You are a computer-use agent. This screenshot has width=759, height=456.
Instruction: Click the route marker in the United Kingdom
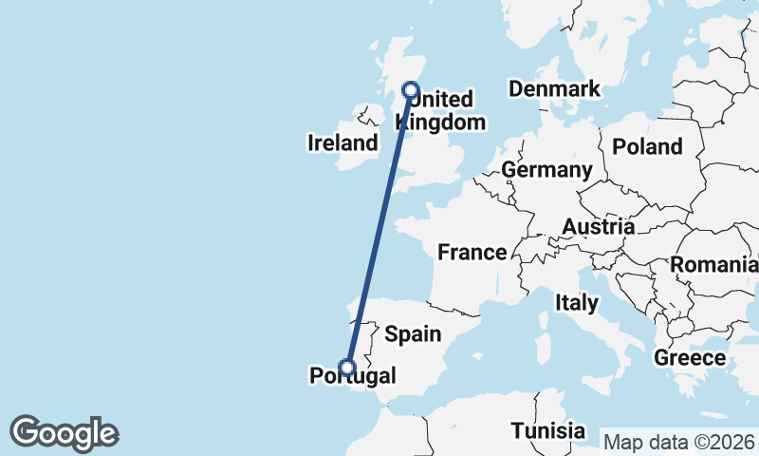411,90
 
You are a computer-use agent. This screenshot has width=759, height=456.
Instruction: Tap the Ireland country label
342,143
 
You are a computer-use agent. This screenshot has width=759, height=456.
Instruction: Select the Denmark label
554,89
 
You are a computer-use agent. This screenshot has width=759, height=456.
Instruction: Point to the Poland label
647,146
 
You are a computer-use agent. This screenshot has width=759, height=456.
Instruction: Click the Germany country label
546,170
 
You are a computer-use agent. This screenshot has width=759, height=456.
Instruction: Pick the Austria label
598,227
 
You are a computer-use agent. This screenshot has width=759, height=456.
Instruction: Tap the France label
472,253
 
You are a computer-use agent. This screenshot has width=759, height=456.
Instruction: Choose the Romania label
713,265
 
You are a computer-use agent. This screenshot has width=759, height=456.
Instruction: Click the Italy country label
577,303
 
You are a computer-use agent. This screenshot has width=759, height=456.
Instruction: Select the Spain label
413,333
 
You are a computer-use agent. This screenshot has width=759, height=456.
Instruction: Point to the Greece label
690,358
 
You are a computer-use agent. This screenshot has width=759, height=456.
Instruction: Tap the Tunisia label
547,430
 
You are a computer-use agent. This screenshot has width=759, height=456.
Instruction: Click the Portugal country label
353,377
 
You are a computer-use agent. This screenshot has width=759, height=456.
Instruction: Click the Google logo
64,433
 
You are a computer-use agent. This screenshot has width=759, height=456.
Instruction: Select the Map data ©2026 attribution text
679,442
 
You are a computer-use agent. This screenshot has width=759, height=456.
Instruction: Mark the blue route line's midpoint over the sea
379,229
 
